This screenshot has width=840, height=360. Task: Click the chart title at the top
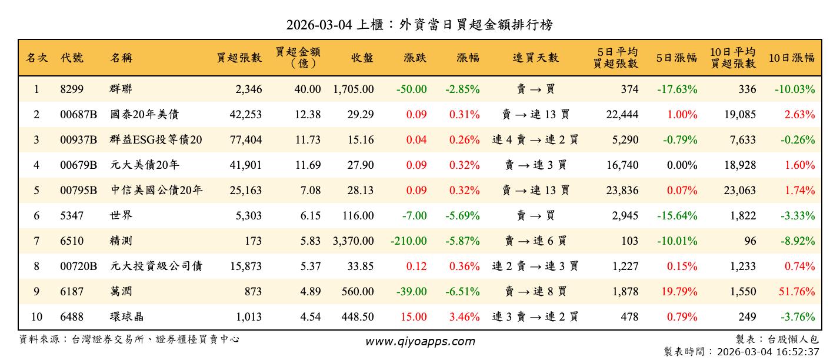point(419,25)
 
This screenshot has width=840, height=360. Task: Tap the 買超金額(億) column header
point(298,58)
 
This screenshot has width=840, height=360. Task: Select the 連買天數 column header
point(535,58)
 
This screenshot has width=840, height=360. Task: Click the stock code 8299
point(72,89)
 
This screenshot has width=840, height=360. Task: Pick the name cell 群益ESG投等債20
point(156,140)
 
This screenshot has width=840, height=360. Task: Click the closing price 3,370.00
point(353,241)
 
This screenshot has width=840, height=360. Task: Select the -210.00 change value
point(408,241)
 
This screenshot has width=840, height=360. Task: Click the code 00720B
point(78,266)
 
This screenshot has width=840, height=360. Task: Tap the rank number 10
point(36,316)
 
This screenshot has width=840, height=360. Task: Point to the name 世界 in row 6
point(121,215)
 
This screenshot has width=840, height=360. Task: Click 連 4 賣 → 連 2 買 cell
point(535,140)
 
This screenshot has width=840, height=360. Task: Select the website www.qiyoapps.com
point(419,341)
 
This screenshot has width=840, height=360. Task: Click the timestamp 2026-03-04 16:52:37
point(765,351)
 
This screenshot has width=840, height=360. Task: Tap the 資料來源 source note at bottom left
point(129,339)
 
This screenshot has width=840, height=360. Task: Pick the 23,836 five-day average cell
point(622,190)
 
